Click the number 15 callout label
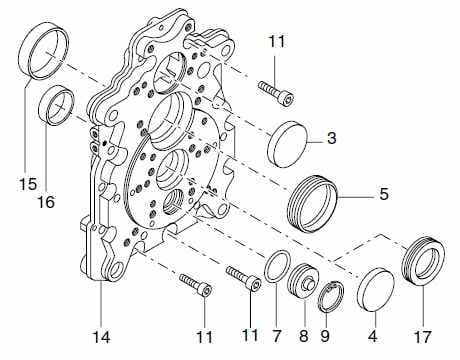[x=28, y=184]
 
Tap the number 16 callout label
[x=46, y=202]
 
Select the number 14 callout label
[x=101, y=337]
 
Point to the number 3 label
[x=331, y=138]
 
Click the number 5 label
[x=384, y=194]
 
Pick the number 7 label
[x=277, y=335]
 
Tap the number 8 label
[x=304, y=336]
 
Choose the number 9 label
[x=325, y=336]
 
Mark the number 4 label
[x=373, y=336]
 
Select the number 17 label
[x=423, y=337]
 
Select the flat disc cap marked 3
[x=288, y=144]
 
